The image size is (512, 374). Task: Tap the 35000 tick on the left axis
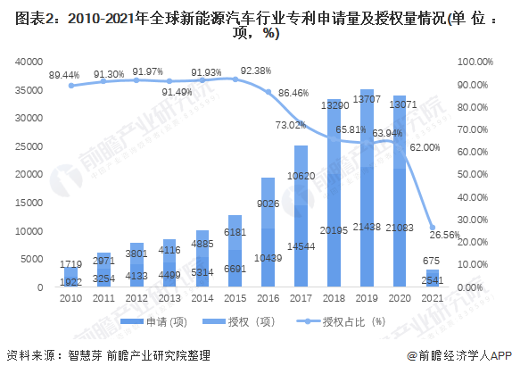click(32, 90)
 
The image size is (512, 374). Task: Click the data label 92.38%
click(252, 71)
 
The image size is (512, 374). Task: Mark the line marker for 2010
click(72, 86)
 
